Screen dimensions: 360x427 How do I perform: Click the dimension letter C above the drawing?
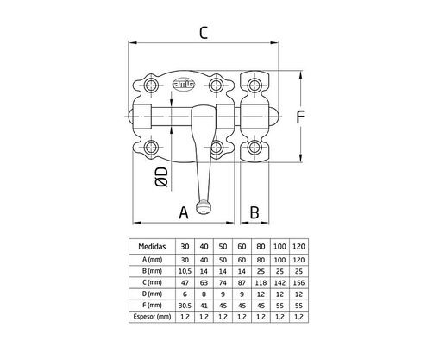203,33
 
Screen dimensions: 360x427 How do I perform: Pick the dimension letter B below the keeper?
254,212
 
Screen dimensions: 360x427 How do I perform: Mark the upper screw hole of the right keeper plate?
255,85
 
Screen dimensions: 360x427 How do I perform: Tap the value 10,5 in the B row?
184,270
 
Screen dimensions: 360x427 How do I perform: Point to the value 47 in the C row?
184,282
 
